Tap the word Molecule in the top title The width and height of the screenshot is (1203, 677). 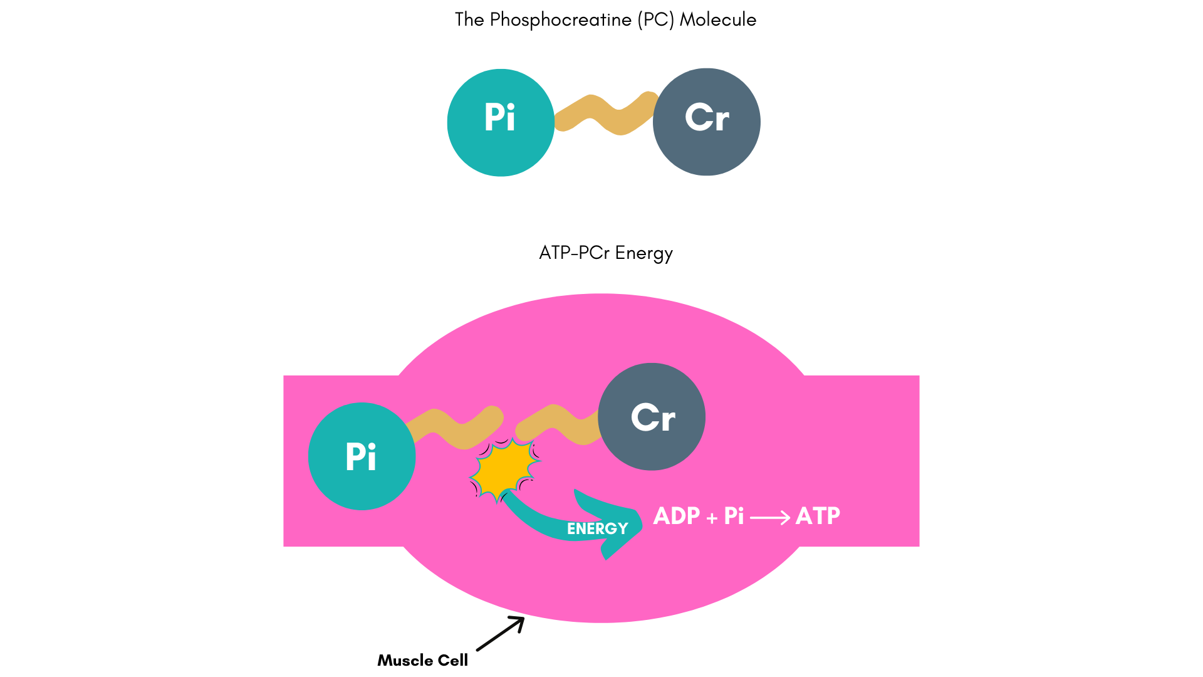[x=717, y=20]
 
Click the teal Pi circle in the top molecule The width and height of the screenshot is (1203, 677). [x=501, y=122]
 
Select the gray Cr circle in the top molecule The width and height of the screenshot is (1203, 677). [x=707, y=122]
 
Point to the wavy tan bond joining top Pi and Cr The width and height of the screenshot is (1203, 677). [x=604, y=114]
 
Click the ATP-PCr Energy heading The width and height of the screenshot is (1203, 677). [x=605, y=253]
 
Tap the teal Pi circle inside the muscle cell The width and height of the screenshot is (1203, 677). [x=362, y=456]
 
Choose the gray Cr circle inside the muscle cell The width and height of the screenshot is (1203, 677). [x=652, y=417]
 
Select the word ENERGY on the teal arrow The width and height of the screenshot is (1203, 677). [x=597, y=528]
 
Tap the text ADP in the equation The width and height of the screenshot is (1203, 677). [x=676, y=516]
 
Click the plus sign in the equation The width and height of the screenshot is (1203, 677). [x=712, y=518]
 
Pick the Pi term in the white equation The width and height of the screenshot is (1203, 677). [x=734, y=516]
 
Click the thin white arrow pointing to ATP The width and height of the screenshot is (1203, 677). [x=770, y=518]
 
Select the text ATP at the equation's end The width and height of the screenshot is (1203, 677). [x=818, y=516]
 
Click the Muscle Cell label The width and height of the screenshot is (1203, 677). [x=422, y=660]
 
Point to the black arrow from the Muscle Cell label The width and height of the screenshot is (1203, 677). [x=500, y=634]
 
